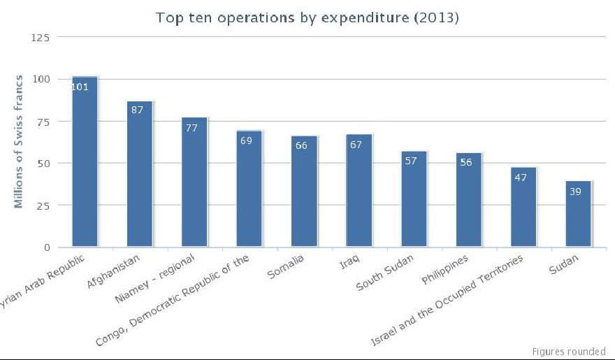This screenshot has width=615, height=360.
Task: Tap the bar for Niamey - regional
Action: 194,185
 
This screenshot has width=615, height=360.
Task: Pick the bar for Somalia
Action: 304,196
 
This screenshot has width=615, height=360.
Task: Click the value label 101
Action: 80,87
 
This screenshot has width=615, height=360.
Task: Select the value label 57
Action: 410,161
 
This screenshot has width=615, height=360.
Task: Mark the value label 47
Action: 520,178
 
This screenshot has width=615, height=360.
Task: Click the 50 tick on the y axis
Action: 44,163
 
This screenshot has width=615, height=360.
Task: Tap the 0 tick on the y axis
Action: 47,247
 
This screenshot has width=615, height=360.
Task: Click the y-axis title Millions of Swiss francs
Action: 20,141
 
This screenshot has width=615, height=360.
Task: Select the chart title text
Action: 307,18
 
